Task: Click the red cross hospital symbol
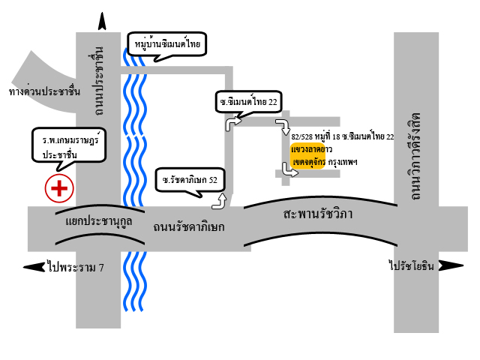59,188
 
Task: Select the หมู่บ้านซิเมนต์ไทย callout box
166,44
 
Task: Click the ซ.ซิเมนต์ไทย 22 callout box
248,102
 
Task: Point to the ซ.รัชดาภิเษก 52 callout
190,180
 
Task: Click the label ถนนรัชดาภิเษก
189,227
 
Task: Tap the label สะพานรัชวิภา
318,214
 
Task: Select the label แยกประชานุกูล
98,221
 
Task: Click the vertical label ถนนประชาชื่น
98,81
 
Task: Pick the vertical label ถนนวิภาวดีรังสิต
415,157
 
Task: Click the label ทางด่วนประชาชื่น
45,91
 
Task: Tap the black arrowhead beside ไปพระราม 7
34,267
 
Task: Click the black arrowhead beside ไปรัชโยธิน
451,265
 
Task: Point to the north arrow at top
102,21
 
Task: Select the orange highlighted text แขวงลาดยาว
312,149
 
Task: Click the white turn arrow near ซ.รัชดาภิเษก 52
220,202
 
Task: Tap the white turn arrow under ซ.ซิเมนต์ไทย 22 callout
233,124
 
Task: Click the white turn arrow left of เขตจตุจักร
289,170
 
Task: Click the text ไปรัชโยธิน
412,265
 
